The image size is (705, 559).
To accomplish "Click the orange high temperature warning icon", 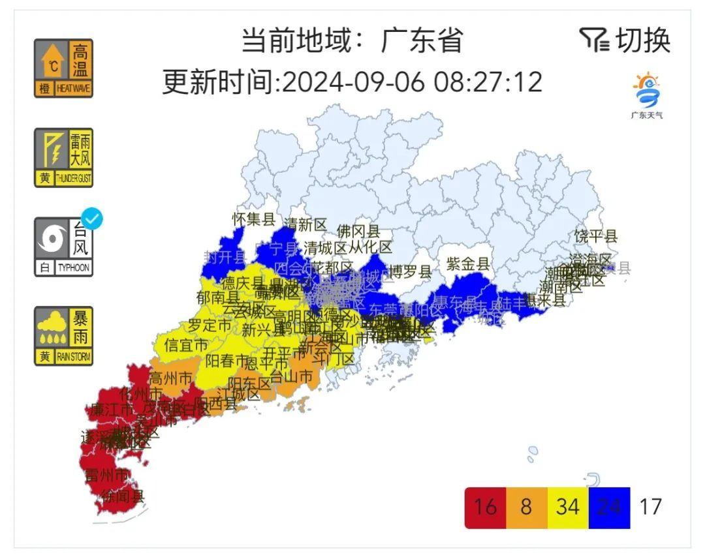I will (63, 68).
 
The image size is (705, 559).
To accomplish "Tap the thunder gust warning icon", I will (63, 157).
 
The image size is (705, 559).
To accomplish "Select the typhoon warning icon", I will (63, 247).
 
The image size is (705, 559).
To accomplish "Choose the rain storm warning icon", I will (63, 336).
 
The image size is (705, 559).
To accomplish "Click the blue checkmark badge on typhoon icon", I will (93, 220).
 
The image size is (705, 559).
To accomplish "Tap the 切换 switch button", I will (625, 40).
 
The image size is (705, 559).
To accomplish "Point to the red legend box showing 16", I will (485, 507).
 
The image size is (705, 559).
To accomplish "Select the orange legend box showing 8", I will (526, 507).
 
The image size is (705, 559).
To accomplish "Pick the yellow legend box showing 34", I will (568, 507).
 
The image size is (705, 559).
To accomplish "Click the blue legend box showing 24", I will (609, 507).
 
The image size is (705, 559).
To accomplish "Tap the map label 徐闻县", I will (122, 496).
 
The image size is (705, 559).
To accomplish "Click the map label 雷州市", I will (107, 474).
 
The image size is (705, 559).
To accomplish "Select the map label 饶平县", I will (595, 236).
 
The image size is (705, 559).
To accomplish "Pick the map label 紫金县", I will (468, 264).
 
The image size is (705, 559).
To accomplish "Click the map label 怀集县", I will (254, 219).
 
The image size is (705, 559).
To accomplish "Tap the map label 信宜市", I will (186, 344).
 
